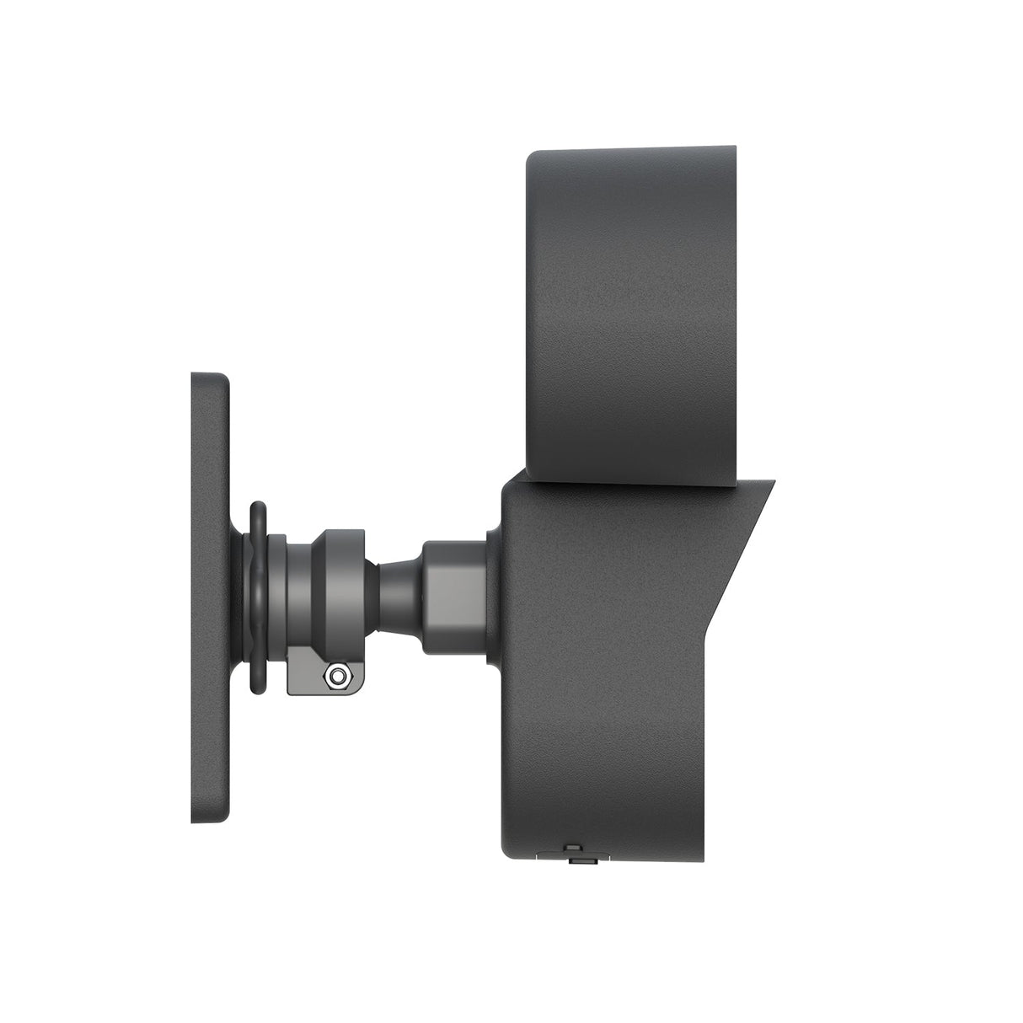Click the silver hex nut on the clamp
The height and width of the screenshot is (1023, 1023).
click(338, 674)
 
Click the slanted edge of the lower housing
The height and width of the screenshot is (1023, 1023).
click(746, 539)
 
